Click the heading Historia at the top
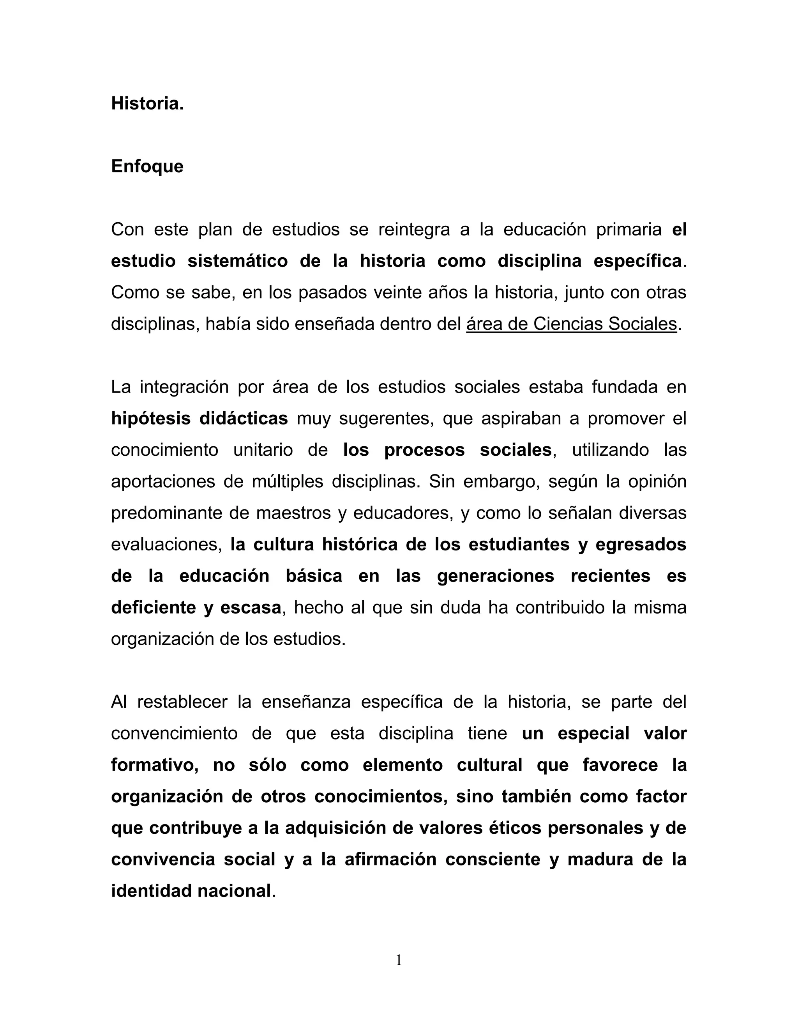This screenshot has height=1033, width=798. click(147, 104)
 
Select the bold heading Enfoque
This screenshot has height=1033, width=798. click(147, 166)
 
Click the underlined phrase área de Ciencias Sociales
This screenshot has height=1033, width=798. click(571, 324)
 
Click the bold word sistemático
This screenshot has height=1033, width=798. click(237, 261)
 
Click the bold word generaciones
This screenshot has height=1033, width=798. click(495, 576)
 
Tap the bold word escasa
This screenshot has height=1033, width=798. click(251, 608)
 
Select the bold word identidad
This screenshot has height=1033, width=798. click(150, 891)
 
